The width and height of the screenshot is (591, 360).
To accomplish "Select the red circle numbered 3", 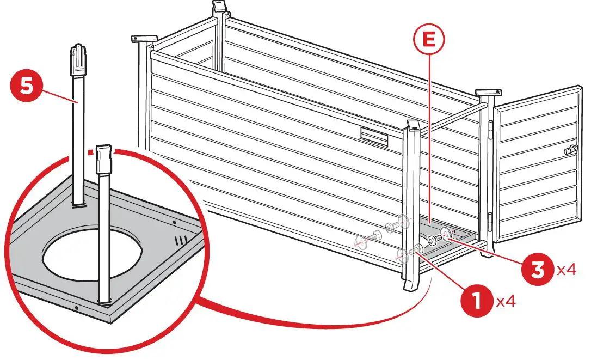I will [538, 270].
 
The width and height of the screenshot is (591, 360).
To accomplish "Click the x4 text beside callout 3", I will [566, 270].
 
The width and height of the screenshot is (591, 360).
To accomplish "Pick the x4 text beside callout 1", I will [505, 302].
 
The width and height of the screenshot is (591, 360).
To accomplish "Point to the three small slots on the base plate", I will [181, 240].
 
